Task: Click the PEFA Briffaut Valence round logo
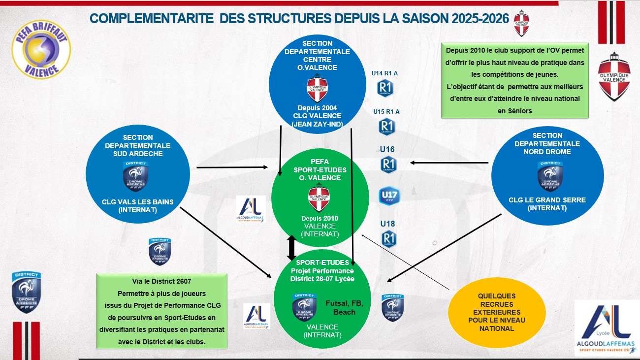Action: [41, 48]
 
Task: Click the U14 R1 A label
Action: [384, 73]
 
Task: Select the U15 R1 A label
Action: [386, 112]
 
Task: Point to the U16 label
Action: [387, 149]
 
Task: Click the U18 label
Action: [387, 224]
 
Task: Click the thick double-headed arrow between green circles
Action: [291, 248]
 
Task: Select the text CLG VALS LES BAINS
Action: [138, 201]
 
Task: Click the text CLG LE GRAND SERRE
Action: [547, 200]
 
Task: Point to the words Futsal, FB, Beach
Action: [344, 308]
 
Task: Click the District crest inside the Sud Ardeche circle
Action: [135, 175]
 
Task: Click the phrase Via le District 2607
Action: [161, 282]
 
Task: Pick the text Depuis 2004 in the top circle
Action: [317, 108]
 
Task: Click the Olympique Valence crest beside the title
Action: [521, 23]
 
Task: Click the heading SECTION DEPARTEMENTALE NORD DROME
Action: [547, 143]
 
